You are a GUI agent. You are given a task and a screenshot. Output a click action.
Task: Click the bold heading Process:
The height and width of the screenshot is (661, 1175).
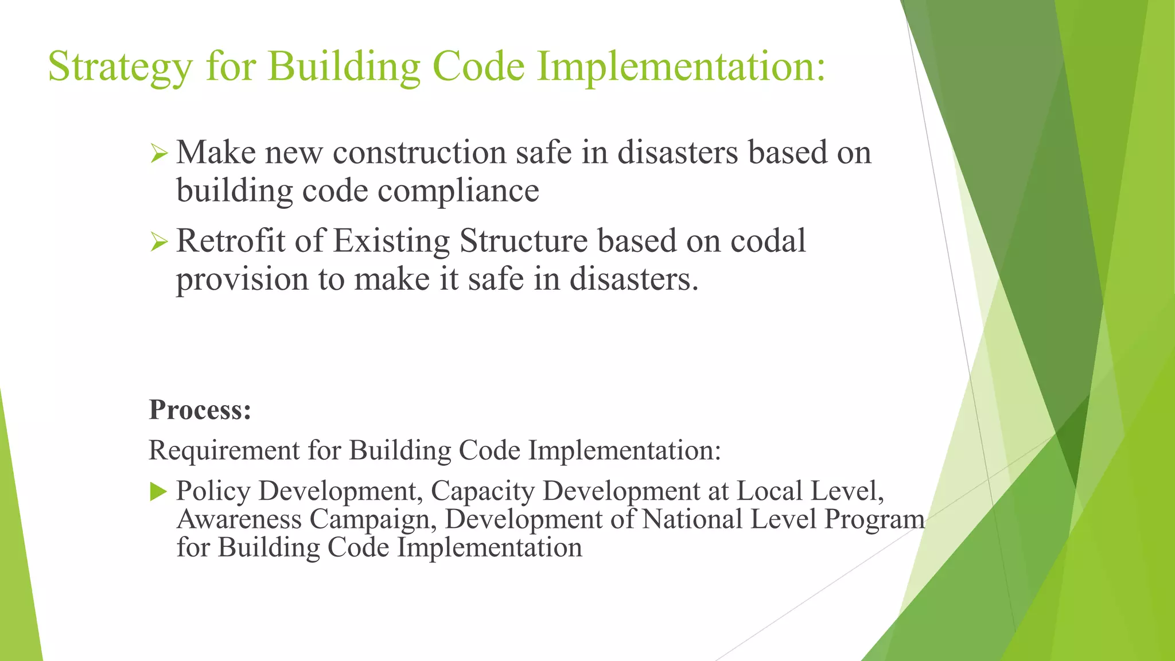200,410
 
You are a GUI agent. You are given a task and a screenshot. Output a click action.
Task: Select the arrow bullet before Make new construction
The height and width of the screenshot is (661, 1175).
158,153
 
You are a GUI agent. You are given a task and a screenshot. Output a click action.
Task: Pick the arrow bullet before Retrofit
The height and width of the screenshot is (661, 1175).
158,242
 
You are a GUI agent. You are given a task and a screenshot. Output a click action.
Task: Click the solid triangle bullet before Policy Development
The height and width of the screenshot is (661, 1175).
158,492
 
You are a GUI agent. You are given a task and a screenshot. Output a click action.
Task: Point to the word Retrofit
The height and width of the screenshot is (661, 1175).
230,240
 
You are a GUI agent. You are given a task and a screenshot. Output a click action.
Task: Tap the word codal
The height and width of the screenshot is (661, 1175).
768,240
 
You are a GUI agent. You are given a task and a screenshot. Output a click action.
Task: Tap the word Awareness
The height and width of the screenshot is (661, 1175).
239,519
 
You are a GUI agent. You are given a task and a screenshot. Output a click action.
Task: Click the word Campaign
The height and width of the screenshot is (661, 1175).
373,519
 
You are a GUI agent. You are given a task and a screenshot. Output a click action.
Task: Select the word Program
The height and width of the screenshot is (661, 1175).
874,519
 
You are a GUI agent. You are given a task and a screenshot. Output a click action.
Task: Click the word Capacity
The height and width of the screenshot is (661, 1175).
483,491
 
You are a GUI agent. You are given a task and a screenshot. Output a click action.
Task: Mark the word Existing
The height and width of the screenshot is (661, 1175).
391,240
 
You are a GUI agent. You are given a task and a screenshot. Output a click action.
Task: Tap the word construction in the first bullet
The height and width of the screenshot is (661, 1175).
419,153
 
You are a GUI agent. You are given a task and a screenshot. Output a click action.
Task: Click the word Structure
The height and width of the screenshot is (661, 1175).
524,240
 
